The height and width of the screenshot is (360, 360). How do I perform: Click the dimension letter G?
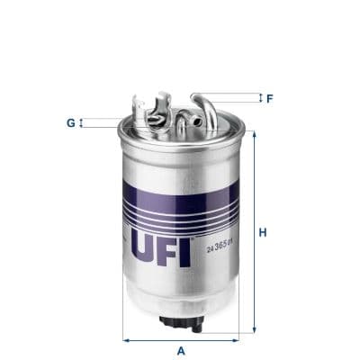pyautogui.click(x=69, y=122)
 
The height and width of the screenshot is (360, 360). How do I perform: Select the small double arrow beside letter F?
pyautogui.click(x=258, y=97)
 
